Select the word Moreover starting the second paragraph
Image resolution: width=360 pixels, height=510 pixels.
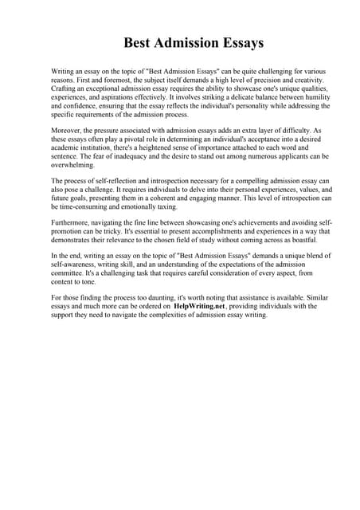click(66, 127)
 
